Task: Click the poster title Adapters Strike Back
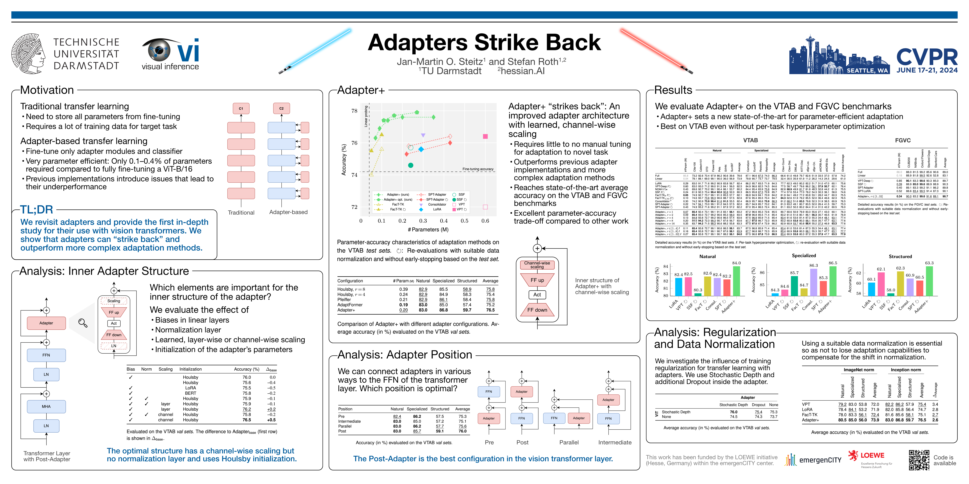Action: [x=484, y=43]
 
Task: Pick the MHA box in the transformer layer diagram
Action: [x=46, y=406]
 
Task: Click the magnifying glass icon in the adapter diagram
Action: [x=83, y=323]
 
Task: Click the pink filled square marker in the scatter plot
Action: [x=485, y=136]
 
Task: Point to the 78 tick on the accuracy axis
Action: [x=354, y=111]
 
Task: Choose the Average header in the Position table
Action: [x=462, y=409]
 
